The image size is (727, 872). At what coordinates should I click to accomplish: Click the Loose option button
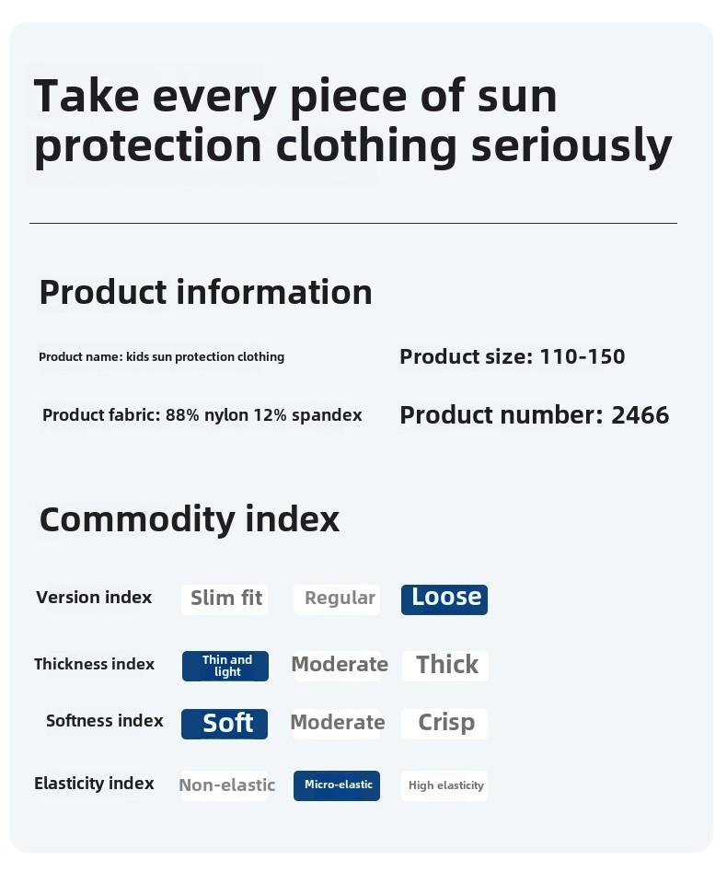(444, 599)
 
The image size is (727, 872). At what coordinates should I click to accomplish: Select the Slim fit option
(225, 599)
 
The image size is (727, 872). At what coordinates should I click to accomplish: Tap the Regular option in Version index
(337, 599)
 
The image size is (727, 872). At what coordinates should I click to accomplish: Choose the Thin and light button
(225, 666)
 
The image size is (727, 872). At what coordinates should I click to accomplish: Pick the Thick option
(445, 665)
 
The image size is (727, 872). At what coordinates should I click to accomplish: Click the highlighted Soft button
(225, 724)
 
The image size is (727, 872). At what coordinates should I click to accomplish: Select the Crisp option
(444, 723)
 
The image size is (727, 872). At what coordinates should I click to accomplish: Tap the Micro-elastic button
(337, 785)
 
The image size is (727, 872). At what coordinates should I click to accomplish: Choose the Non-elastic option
(226, 785)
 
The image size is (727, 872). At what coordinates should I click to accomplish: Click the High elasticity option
(444, 785)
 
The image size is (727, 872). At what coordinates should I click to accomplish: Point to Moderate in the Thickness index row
(339, 665)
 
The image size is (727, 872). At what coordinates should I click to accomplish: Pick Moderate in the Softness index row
(338, 723)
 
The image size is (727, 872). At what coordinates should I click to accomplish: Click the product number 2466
(640, 415)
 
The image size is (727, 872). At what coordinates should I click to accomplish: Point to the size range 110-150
(583, 356)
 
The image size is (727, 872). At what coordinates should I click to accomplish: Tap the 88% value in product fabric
(182, 415)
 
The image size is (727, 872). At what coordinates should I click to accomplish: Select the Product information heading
(205, 292)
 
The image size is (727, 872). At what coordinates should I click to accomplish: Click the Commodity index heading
(190, 519)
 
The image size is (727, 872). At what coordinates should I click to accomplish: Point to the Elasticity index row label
(94, 784)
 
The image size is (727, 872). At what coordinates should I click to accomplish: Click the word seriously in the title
(571, 145)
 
